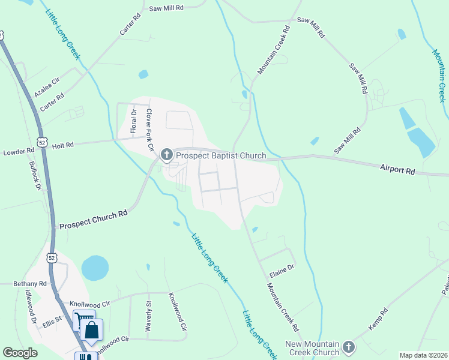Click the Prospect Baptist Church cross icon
point(166,155)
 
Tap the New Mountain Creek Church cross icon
point(349,347)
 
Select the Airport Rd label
point(397,170)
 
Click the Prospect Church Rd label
point(93,220)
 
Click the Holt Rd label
point(62,145)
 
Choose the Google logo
point(20,353)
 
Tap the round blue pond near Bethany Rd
point(95,268)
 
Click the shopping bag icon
point(92,330)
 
